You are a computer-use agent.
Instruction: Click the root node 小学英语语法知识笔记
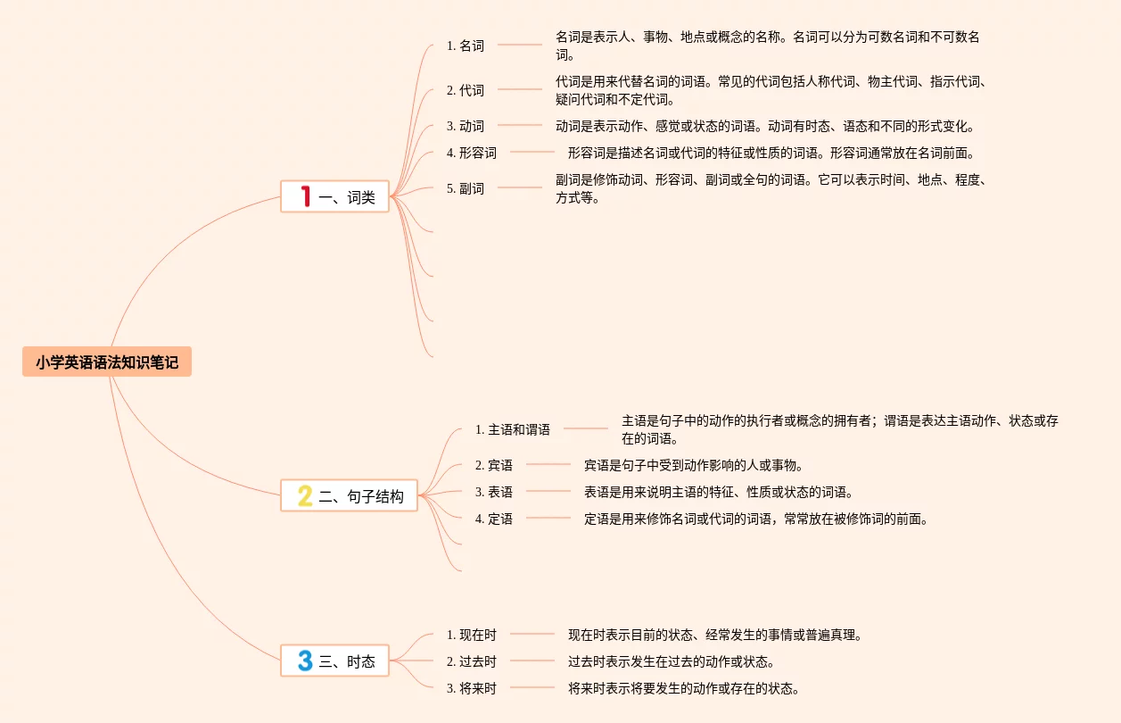tap(107, 362)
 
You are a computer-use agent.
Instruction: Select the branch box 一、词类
tap(335, 196)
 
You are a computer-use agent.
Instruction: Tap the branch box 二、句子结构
tap(350, 496)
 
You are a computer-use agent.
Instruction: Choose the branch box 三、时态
tap(335, 661)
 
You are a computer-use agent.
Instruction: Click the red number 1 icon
tap(305, 196)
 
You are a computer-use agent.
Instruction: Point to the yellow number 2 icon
tap(305, 496)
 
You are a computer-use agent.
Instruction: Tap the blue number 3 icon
tap(305, 661)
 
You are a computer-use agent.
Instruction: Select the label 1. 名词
tap(466, 46)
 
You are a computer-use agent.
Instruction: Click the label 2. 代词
tap(466, 90)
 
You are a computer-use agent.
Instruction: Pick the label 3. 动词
tap(466, 126)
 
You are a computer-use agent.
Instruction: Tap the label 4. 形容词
tap(472, 153)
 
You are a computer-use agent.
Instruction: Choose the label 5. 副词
tap(466, 188)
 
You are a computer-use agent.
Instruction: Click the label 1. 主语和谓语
tap(513, 429)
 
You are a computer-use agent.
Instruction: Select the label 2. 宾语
tap(494, 465)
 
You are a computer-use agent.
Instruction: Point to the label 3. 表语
tap(494, 492)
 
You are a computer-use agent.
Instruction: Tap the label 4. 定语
tap(494, 519)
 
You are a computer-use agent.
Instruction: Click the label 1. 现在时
tap(472, 635)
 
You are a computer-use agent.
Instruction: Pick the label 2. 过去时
tap(472, 661)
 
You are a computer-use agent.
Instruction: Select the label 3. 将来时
tap(472, 688)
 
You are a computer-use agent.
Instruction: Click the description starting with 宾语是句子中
tap(694, 465)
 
